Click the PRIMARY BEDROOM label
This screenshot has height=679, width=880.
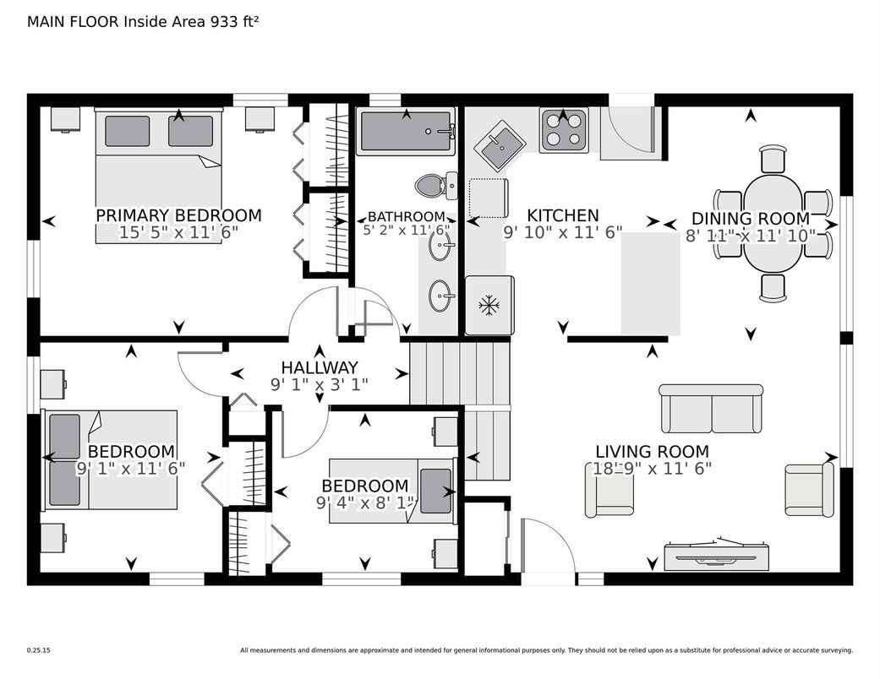[x=178, y=215]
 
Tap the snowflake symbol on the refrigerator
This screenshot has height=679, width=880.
[x=489, y=306]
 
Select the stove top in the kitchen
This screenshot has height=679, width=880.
[x=563, y=130]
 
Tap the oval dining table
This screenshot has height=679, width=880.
[x=773, y=223]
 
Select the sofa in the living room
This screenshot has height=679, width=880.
[x=711, y=408]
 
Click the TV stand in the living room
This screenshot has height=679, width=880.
[x=717, y=555]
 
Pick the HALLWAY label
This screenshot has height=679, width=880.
[x=320, y=368]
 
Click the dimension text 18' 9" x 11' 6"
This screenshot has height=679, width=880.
[x=652, y=468]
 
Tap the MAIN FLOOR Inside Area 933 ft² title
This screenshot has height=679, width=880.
[x=143, y=22]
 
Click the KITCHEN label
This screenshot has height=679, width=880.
[x=563, y=215]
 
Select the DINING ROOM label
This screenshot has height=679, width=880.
[x=751, y=218]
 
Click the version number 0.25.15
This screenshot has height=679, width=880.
[x=39, y=650]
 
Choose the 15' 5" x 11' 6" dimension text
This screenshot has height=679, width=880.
[x=178, y=233]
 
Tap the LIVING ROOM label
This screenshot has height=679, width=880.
[x=652, y=451]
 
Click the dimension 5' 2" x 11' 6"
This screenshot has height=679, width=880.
[x=407, y=230]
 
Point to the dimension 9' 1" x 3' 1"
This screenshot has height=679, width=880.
[x=320, y=384]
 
